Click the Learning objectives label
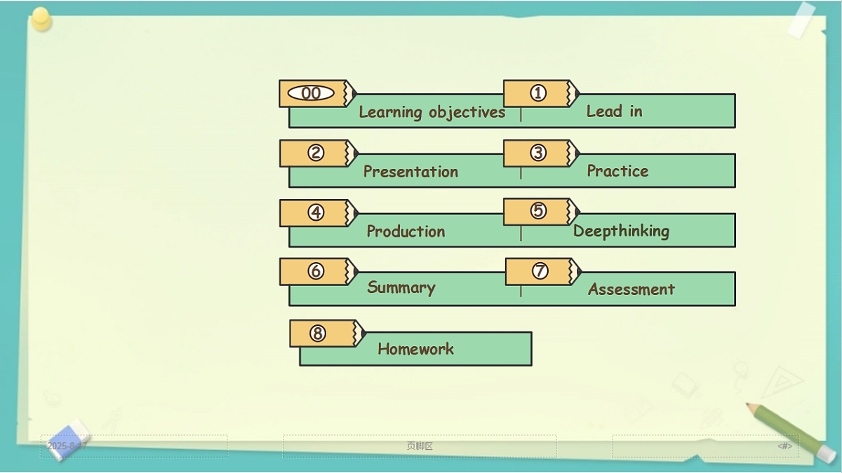coord(432,112)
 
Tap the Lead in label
coord(614,111)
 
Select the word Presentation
coord(410,172)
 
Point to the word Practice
coord(617,171)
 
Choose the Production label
coord(406,231)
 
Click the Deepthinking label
coord(621,231)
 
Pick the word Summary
coord(401,287)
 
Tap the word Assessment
coord(631,289)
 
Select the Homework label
coord(415,349)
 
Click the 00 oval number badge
coord(311,93)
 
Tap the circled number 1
coord(538,92)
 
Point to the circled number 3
coord(538,153)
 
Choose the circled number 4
coord(316,212)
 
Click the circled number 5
coord(538,210)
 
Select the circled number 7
coord(540,270)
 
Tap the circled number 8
coord(318,333)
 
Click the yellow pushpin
coord(41,19)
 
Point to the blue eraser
coord(69,440)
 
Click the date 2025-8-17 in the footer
coord(67,446)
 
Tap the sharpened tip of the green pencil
coord(747,404)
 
